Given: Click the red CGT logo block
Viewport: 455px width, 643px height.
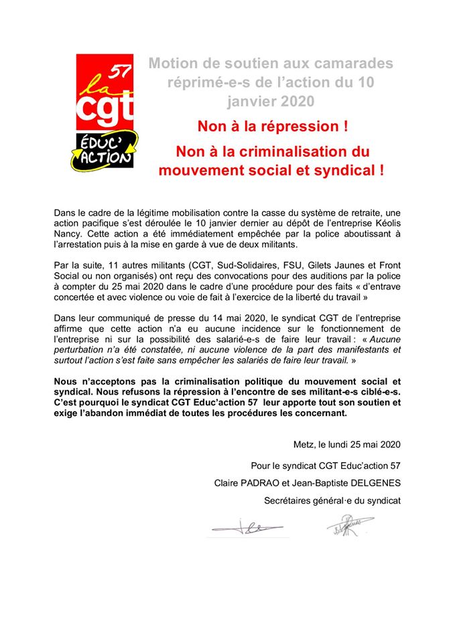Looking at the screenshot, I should click(105, 93).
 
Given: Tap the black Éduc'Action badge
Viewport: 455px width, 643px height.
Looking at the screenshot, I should click(105, 149).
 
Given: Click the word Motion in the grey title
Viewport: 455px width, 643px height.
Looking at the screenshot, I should click(173, 64).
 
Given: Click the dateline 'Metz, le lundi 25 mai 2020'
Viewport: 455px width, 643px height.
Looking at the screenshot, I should click(346, 443).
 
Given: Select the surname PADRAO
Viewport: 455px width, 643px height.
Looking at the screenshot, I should click(273, 482).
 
